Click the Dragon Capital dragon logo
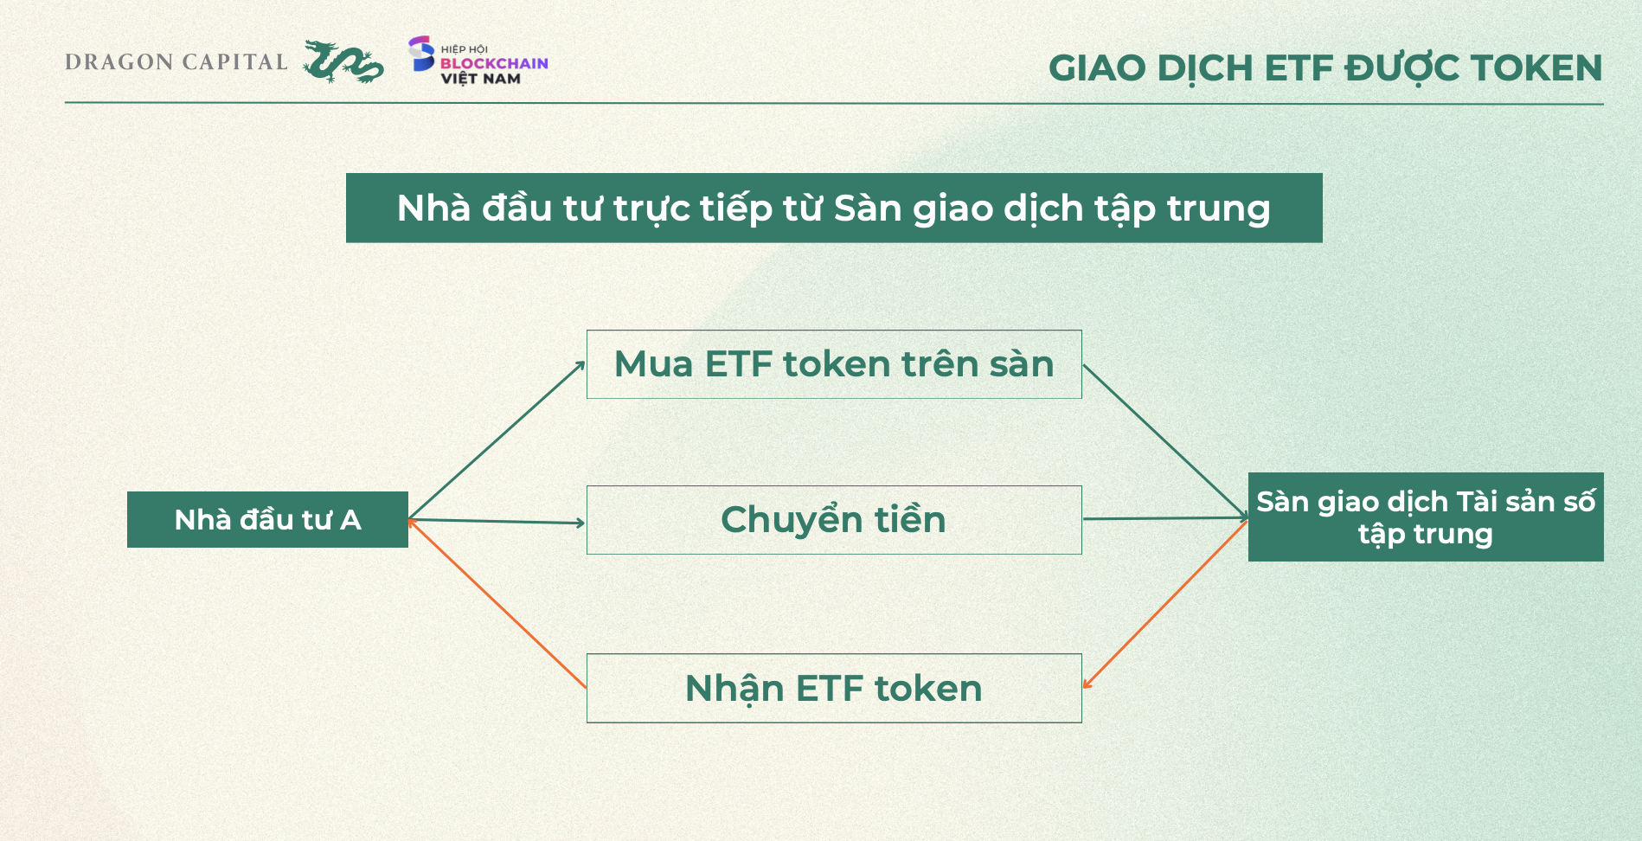343,61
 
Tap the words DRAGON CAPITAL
176,62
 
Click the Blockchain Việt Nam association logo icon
421,54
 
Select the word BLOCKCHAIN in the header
494,63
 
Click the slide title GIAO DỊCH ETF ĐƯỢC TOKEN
1325,68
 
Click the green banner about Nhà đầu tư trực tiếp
834,208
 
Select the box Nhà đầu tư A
267,519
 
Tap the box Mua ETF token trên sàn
834,364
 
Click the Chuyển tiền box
834,520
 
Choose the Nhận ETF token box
834,688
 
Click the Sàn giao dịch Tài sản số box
1426,517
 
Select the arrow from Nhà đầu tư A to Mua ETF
497,440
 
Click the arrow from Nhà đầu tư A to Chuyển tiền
497,521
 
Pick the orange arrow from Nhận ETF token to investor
497,603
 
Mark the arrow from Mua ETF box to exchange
1165,442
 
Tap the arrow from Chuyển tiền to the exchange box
1165,519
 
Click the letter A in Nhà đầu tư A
350,520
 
